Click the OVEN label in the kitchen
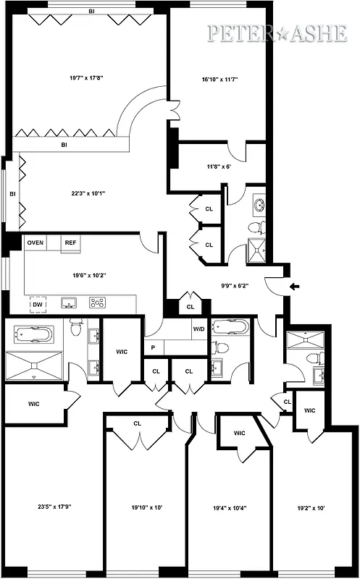(35, 242)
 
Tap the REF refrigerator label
(70, 242)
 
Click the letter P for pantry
(153, 347)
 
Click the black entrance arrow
(293, 287)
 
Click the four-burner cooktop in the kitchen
(97, 303)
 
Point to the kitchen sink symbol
(70, 303)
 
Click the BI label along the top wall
(91, 11)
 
